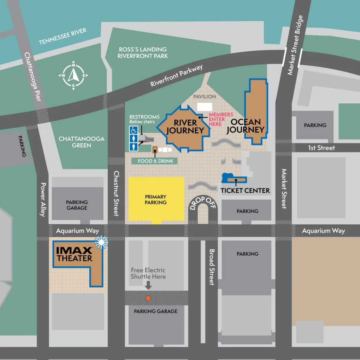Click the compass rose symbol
point(73,75)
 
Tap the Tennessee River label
point(63,37)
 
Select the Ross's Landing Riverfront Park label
point(143,53)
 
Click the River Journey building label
point(185,127)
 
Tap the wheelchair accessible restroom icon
point(134,130)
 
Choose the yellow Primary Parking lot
point(156,199)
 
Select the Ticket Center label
point(245,191)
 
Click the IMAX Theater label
point(75,254)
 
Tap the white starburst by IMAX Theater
point(101,242)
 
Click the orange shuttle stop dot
point(148,298)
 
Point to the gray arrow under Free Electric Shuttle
point(148,285)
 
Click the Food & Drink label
point(153,161)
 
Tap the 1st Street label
point(321,148)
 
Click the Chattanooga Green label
point(82,142)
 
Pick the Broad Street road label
point(212,267)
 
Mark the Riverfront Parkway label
point(176,76)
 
